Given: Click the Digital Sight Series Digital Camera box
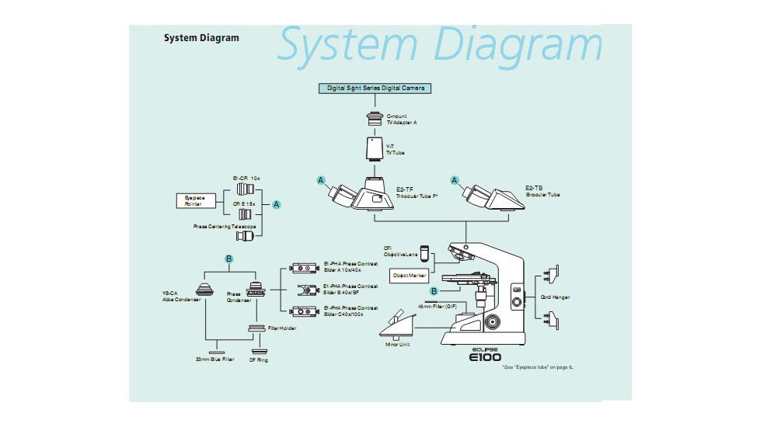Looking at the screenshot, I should [375, 89].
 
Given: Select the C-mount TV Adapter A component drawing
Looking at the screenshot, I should [374, 120].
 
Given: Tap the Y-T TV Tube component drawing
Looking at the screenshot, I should [375, 148].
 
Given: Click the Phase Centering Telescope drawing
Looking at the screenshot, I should [246, 235].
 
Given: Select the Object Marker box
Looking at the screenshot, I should [410, 276].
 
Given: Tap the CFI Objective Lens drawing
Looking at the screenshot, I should [424, 252].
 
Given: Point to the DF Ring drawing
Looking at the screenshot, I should [257, 351].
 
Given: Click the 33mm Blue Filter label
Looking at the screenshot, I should [215, 360].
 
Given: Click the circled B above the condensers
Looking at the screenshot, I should [229, 258].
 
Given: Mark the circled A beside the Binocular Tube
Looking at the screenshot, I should [455, 180].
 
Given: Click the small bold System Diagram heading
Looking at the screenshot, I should [201, 38].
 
